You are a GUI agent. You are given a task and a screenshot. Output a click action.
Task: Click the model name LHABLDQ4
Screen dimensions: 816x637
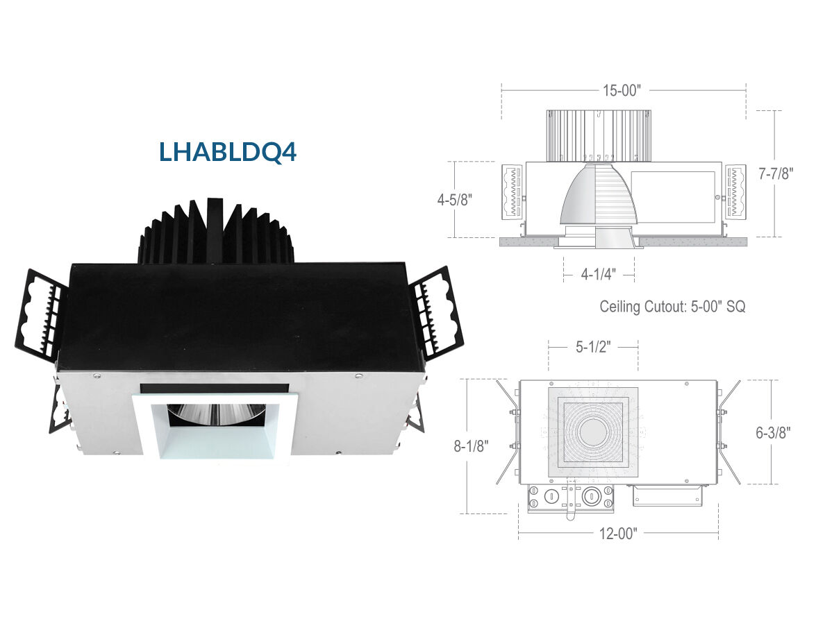pyautogui.click(x=227, y=152)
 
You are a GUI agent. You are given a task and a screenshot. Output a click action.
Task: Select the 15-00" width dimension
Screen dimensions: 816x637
pyautogui.click(x=622, y=90)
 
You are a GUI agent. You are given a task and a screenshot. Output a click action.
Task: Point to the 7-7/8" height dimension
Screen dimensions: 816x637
pyautogui.click(x=776, y=173)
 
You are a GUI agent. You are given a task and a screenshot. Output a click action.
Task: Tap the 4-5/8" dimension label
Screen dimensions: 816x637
pyautogui.click(x=454, y=200)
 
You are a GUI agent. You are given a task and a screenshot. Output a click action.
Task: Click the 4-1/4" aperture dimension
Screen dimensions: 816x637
pyautogui.click(x=599, y=274)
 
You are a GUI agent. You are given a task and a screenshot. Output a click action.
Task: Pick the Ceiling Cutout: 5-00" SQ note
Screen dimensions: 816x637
pyautogui.click(x=672, y=306)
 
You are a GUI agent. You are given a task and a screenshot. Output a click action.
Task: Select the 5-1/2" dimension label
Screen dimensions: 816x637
pyautogui.click(x=593, y=347)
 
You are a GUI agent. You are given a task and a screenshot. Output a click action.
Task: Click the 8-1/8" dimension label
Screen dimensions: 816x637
pyautogui.click(x=471, y=446)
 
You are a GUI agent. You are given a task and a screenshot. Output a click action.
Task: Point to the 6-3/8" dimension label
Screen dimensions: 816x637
pyautogui.click(x=774, y=432)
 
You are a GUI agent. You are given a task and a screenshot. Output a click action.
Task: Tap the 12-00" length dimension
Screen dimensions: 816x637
pyautogui.click(x=618, y=534)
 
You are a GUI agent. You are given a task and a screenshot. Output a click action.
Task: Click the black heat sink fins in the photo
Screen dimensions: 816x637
pyautogui.click(x=216, y=232)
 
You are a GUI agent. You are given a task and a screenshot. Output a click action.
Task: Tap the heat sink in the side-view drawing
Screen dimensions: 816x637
pyautogui.click(x=599, y=136)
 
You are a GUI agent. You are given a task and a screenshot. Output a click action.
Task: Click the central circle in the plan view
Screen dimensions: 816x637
pyautogui.click(x=593, y=432)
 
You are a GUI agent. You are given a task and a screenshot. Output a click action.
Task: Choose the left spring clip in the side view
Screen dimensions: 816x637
pyautogui.click(x=513, y=192)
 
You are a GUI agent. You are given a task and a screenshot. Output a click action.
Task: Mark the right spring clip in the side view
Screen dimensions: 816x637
pyautogui.click(x=736, y=192)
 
